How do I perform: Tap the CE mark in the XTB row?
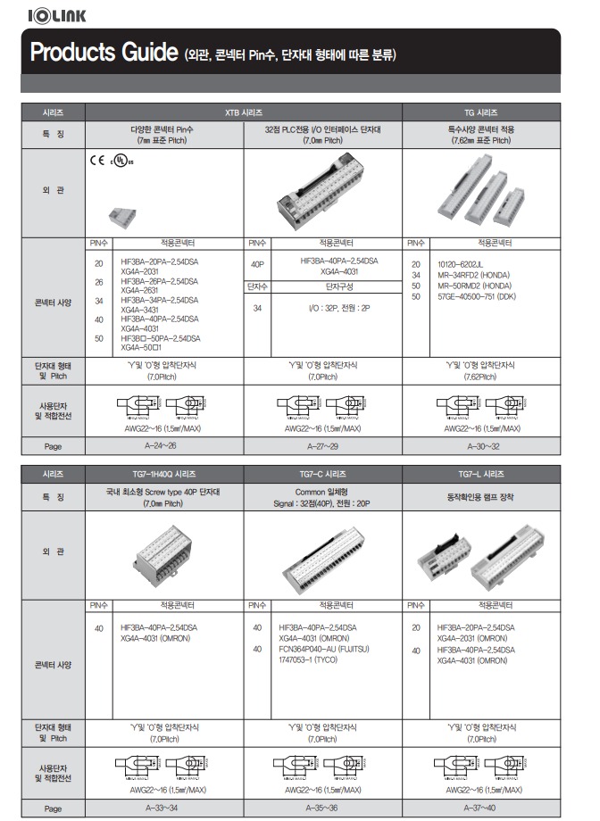[96, 163]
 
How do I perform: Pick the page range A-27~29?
[322, 444]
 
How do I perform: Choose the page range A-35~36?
[322, 808]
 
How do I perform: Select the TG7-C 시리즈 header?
[322, 474]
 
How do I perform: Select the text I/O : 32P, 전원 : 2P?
[322, 308]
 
